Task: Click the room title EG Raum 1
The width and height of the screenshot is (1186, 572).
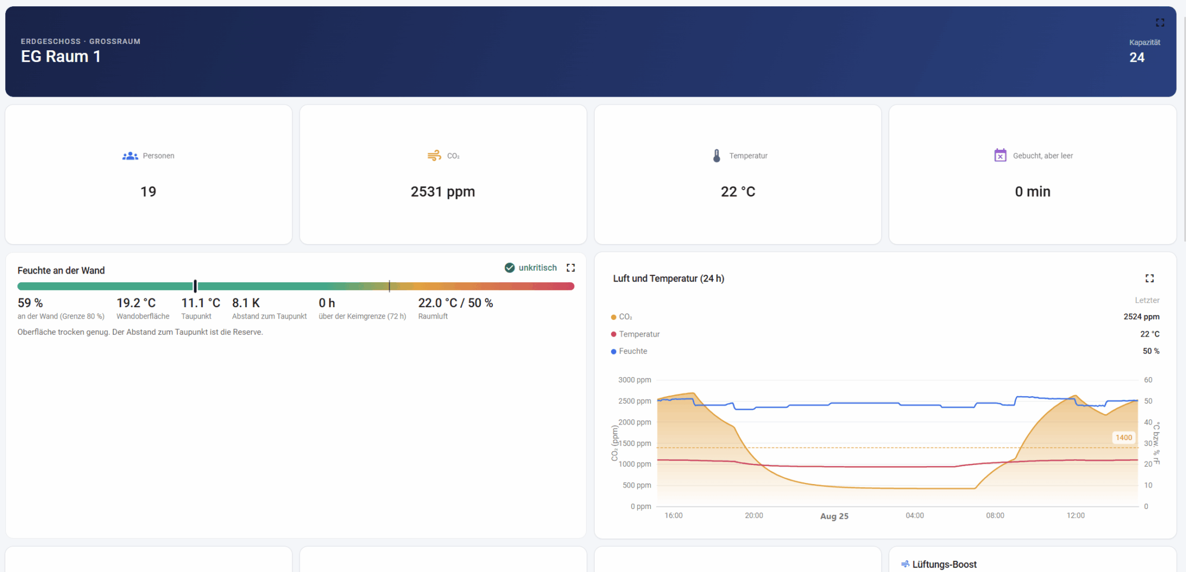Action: [x=61, y=57]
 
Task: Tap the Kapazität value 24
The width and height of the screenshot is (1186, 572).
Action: [x=1137, y=57]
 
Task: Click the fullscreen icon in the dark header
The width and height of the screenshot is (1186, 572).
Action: [x=1160, y=23]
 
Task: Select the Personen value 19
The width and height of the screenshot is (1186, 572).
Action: [x=148, y=191]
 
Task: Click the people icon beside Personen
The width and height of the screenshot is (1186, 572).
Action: [x=130, y=156]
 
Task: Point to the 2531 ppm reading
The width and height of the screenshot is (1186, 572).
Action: [x=443, y=191]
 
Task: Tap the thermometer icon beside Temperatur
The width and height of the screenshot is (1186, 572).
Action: [x=717, y=156]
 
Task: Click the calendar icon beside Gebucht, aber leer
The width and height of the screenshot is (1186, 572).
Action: [x=1000, y=155]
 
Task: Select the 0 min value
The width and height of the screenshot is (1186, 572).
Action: [x=1033, y=191]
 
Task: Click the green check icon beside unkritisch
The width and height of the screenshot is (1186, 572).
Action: [x=510, y=268]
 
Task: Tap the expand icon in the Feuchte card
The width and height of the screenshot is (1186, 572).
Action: [x=570, y=268]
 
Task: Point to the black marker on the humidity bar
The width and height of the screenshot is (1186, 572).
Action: [x=196, y=286]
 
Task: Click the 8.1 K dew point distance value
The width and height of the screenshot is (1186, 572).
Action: [x=246, y=303]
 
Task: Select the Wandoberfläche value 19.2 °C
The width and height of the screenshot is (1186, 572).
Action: [x=136, y=303]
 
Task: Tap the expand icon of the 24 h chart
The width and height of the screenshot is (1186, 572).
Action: [x=1150, y=278]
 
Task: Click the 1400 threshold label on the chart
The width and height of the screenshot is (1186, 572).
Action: [x=1124, y=438]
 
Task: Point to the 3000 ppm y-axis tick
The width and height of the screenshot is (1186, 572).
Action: [x=635, y=380]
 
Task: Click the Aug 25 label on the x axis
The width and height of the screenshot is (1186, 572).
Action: [x=834, y=516]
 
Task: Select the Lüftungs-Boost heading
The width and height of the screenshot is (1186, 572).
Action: [x=944, y=564]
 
